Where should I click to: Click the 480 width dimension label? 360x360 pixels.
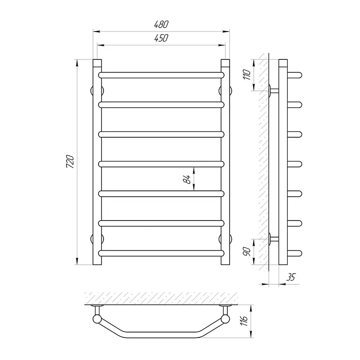click(162, 24)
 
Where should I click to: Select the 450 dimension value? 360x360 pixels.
click(162, 38)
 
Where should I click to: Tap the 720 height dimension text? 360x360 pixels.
click(70, 162)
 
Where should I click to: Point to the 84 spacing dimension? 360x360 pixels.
click(187, 179)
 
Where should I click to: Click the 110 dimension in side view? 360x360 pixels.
click(247, 74)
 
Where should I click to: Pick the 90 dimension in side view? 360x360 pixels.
click(247, 252)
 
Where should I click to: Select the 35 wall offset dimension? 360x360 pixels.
click(290, 277)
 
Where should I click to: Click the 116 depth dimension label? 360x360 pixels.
click(244, 320)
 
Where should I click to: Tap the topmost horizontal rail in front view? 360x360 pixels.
click(162, 75)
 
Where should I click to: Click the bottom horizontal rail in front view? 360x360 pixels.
click(162, 253)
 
